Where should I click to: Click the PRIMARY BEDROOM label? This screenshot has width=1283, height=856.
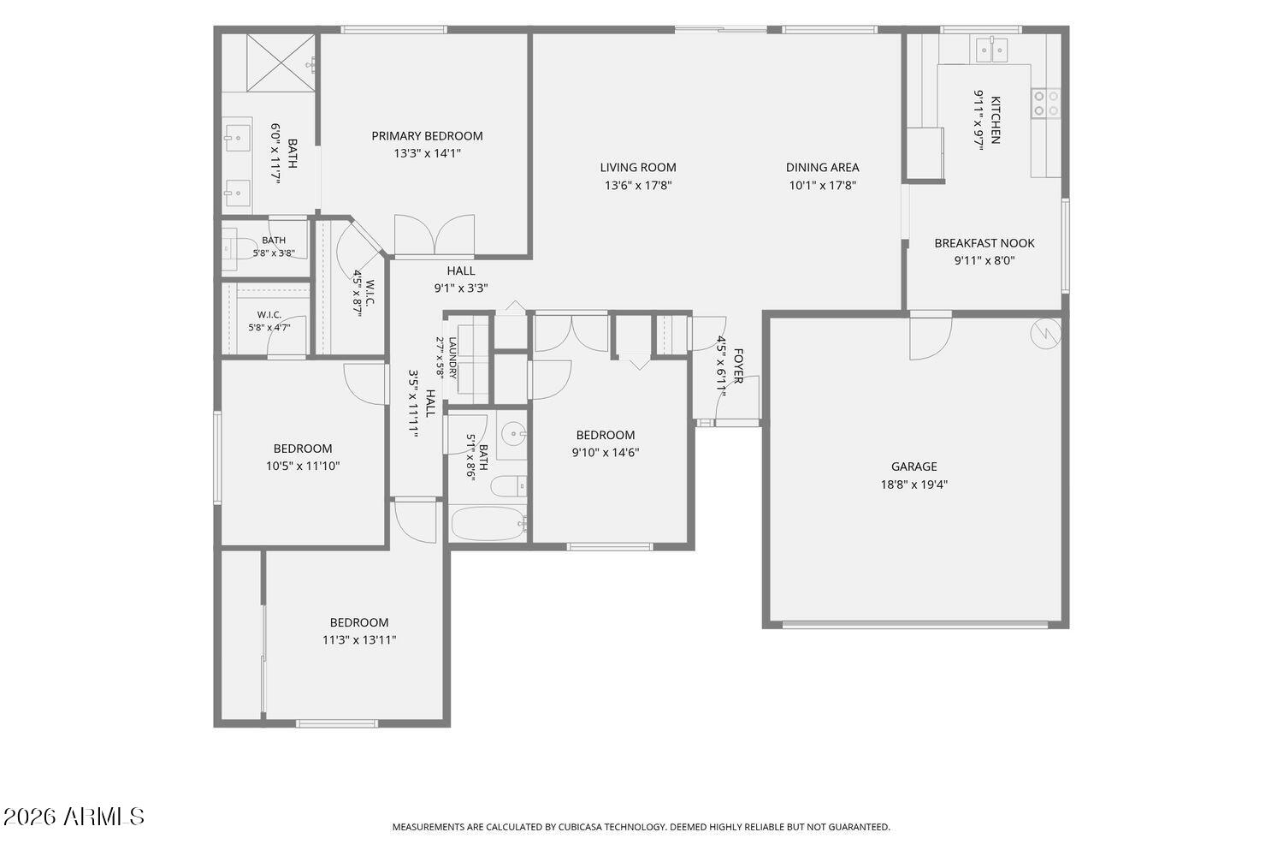(427, 136)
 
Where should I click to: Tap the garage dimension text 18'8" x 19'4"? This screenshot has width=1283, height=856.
(913, 484)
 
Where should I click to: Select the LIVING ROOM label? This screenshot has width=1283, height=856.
(638, 168)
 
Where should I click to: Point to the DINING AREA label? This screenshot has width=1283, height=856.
(822, 168)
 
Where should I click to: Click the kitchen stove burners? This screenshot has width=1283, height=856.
(1045, 104)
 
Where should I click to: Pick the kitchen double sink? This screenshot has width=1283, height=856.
(991, 51)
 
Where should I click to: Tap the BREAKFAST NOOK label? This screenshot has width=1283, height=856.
(984, 243)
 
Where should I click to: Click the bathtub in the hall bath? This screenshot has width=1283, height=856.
(488, 523)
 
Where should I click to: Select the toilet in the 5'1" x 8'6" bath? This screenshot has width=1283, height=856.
(509, 486)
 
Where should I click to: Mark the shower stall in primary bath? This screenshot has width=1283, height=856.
(281, 62)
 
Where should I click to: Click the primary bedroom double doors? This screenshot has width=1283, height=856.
(435, 235)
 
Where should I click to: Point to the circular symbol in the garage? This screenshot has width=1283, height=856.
(1045, 334)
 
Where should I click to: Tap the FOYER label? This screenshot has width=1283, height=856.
(737, 366)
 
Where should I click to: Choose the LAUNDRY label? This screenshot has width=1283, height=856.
(452, 358)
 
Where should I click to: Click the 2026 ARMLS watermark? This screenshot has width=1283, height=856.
(74, 817)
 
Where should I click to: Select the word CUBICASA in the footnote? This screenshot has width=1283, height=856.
(579, 827)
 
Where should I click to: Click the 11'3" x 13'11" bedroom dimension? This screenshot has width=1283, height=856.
(359, 639)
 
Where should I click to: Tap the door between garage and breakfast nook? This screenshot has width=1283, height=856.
(931, 337)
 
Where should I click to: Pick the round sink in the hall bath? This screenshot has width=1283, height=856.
(514, 433)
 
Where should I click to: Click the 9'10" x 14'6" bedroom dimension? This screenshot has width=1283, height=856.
(606, 452)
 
